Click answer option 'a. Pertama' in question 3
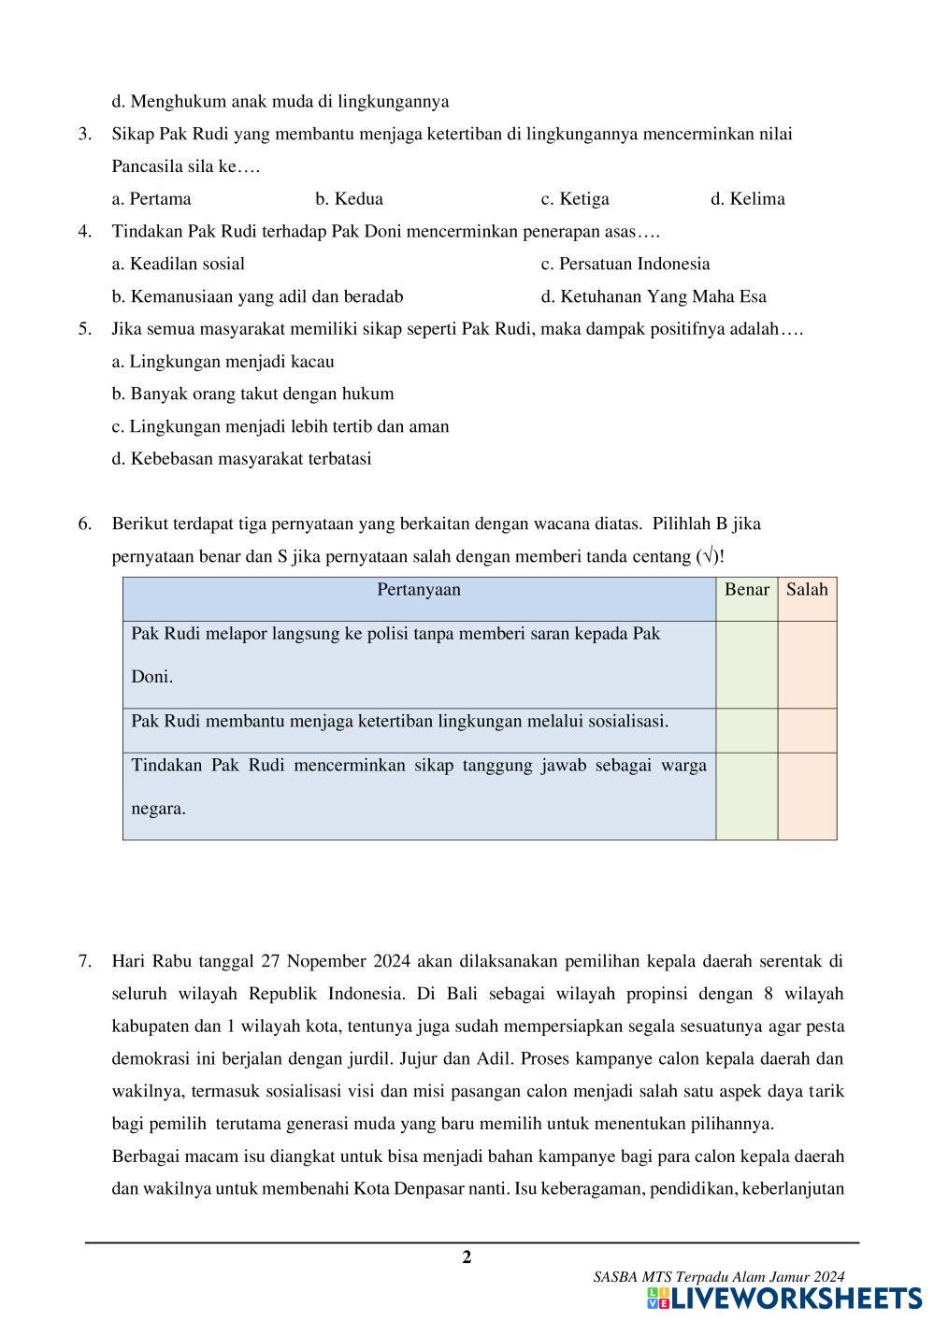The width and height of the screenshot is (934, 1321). click(x=151, y=199)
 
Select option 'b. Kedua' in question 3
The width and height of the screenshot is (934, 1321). click(x=349, y=199)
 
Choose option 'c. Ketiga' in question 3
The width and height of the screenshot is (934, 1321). click(x=575, y=199)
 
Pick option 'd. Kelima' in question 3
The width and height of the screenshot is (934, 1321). click(x=748, y=199)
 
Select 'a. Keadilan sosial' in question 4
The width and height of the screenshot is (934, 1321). click(x=179, y=264)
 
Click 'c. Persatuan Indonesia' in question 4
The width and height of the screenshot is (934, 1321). click(x=625, y=264)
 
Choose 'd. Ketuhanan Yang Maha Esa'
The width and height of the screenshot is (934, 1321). click(x=654, y=297)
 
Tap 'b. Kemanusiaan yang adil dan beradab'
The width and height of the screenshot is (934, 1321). click(x=258, y=297)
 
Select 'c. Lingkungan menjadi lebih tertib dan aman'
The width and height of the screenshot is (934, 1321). click(x=280, y=426)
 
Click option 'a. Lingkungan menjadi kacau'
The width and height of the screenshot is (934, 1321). click(x=223, y=362)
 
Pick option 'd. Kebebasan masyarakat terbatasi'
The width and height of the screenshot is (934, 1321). click(x=241, y=459)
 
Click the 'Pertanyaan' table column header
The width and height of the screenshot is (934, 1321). click(x=419, y=590)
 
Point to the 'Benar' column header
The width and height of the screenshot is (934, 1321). click(x=746, y=590)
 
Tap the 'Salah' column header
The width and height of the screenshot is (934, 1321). click(x=807, y=590)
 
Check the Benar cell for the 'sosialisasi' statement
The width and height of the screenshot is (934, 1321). click(x=746, y=730)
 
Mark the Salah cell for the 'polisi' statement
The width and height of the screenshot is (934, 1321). click(x=807, y=665)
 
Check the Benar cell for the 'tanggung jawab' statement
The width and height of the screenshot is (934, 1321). click(x=746, y=796)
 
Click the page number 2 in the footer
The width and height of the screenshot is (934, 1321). click(x=467, y=1257)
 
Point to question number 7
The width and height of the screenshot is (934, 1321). click(x=85, y=961)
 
